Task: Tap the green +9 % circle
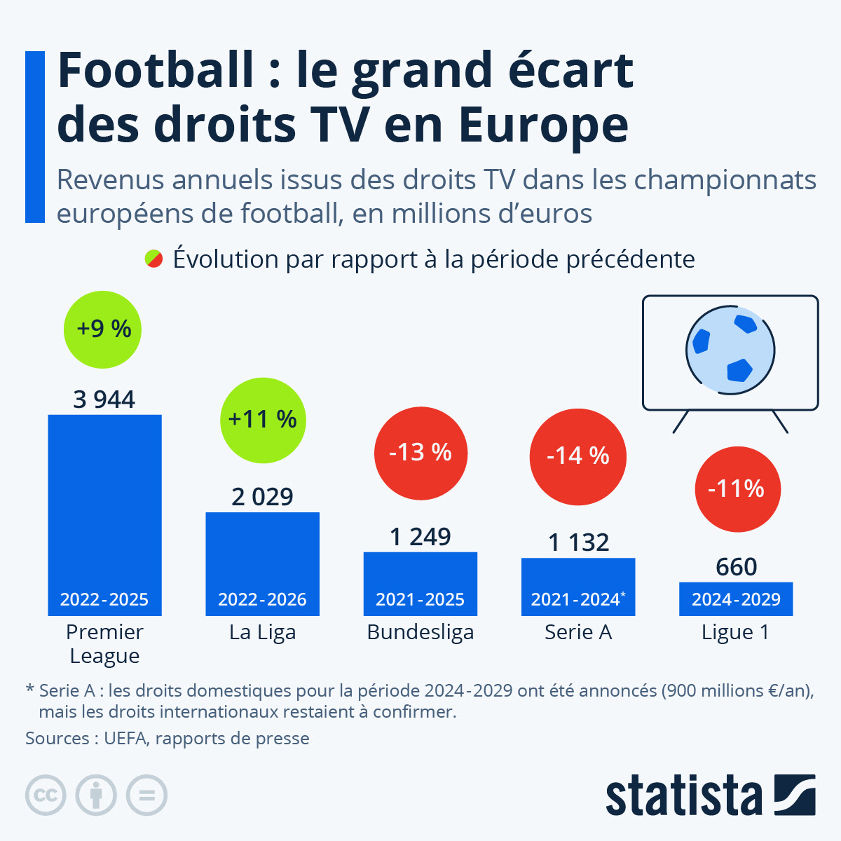tap(102, 329)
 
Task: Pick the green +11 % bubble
tap(263, 420)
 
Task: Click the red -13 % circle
tap(420, 453)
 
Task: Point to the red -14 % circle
tap(578, 456)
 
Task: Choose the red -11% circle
tap(737, 488)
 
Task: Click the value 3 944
tap(104, 399)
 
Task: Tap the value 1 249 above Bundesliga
tap(420, 537)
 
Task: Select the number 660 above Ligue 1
tap(737, 566)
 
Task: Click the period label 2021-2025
tap(420, 600)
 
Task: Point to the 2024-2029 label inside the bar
tap(737, 600)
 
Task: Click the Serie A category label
tap(578, 632)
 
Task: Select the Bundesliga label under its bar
tap(420, 632)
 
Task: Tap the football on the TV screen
tap(730, 349)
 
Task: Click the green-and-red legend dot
tap(153, 259)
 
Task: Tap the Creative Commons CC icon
tap(46, 795)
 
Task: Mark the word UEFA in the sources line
tap(125, 738)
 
